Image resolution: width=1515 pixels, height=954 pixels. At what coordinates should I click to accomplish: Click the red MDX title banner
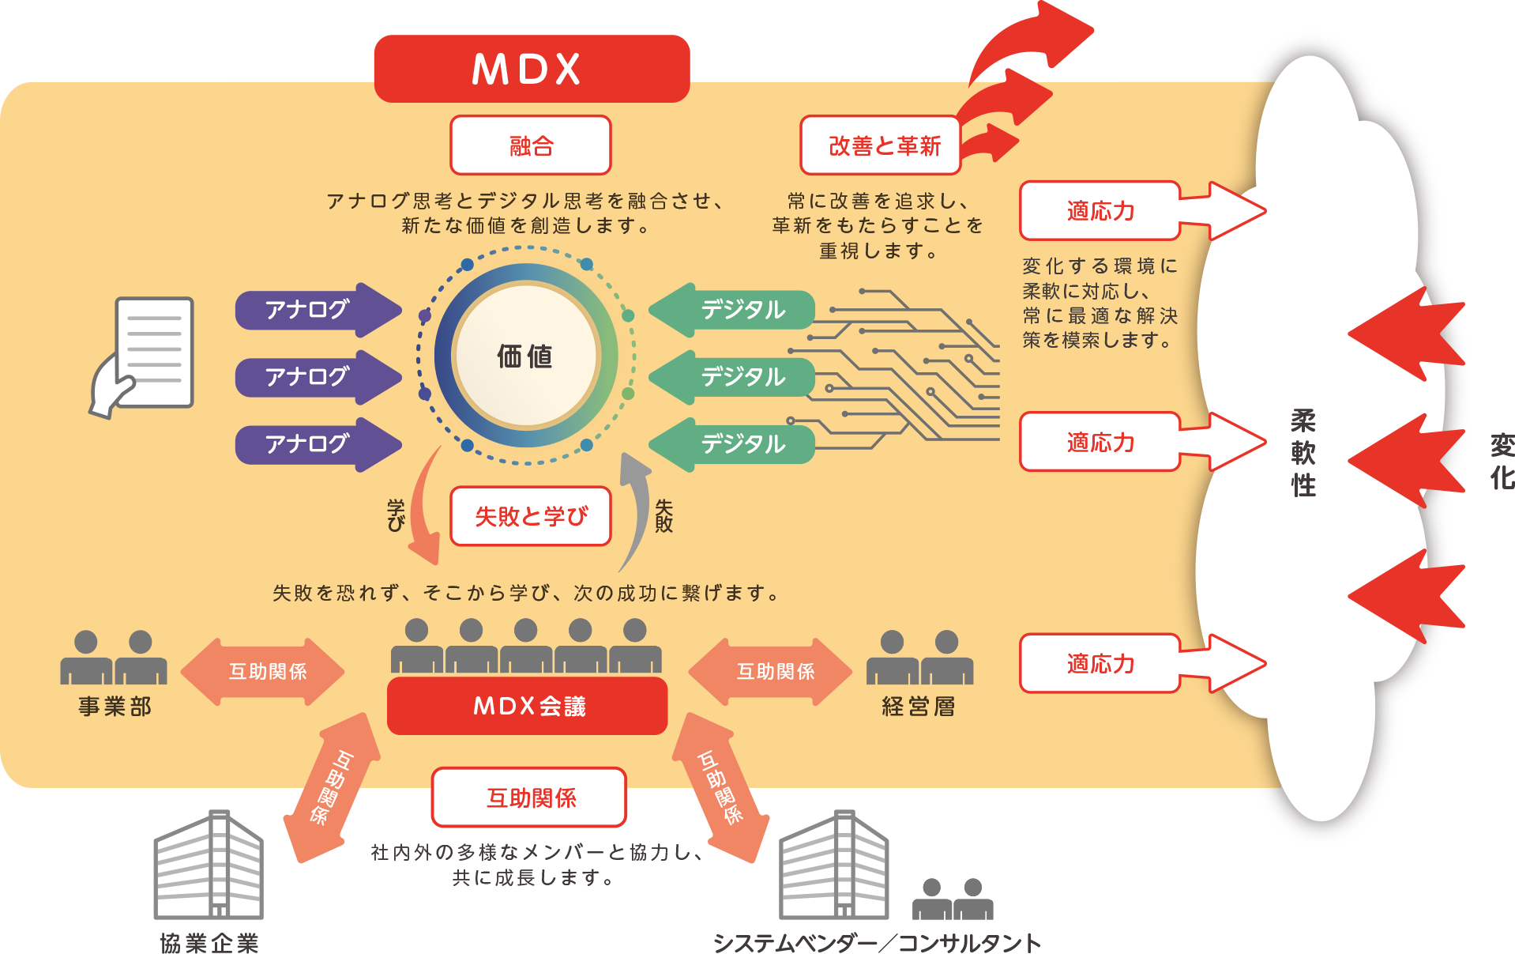(x=532, y=69)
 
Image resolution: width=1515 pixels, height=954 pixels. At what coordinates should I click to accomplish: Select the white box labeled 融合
(x=531, y=145)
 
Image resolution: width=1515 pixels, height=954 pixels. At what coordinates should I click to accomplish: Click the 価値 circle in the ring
(x=525, y=356)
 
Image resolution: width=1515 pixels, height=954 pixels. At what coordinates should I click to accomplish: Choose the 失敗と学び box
(x=531, y=516)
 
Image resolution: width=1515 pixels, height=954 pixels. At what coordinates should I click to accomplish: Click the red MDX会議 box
(x=528, y=706)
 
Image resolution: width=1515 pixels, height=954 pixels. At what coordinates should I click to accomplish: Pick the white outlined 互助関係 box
(x=530, y=798)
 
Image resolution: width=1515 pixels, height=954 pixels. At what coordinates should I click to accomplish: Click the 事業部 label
(x=115, y=706)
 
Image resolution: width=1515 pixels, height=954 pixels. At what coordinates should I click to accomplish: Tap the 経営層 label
(x=919, y=706)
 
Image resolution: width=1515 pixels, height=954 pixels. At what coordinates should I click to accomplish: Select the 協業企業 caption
(x=209, y=943)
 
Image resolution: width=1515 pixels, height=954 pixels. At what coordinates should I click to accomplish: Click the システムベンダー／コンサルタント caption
(x=877, y=943)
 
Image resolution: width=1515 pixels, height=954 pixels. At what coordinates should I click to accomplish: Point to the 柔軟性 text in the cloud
(x=1303, y=453)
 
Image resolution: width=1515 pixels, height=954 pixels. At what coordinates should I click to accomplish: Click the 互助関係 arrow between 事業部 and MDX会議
(x=263, y=672)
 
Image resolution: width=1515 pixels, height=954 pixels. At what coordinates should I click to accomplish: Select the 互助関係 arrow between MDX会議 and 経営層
(x=771, y=672)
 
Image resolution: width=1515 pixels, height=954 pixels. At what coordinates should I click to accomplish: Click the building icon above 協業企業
(x=209, y=865)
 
